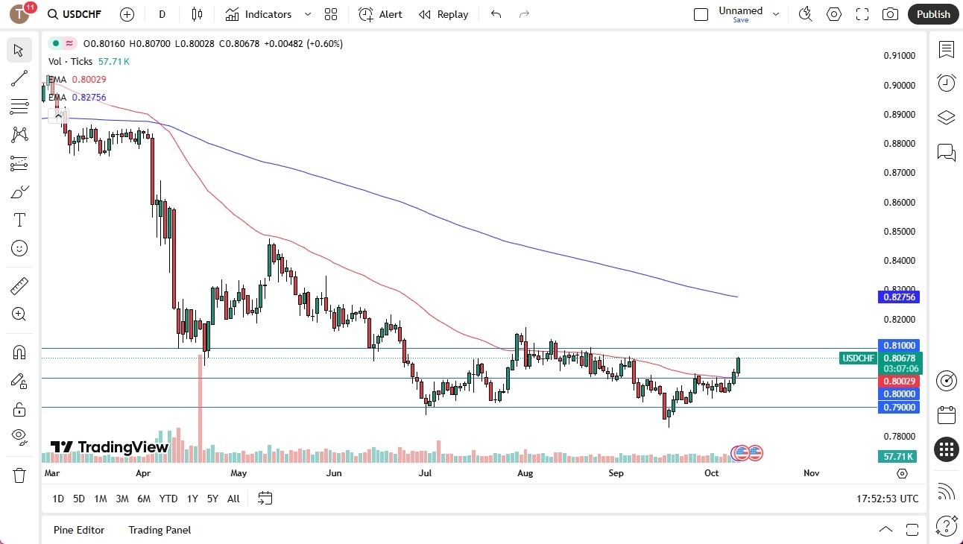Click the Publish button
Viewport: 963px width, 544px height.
pos(932,14)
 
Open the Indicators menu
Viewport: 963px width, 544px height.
pos(268,14)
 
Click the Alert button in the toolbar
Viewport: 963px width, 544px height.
pos(380,14)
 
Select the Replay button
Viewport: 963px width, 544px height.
pos(443,14)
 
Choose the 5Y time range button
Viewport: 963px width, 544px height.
pos(212,499)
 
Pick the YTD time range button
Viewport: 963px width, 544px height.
pos(168,499)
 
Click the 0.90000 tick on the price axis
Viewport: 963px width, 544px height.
pos(899,85)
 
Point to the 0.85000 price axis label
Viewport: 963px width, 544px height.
pos(899,231)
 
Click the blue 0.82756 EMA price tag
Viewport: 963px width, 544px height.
pos(899,297)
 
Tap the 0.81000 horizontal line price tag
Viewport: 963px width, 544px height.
pos(899,346)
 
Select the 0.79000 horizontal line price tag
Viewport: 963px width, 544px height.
pos(899,407)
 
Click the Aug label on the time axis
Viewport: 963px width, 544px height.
pos(525,473)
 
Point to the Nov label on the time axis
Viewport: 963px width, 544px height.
pos(812,473)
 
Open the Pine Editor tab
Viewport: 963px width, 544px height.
pos(79,530)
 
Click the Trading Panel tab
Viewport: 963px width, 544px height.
pos(160,530)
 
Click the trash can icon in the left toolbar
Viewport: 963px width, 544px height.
pos(19,475)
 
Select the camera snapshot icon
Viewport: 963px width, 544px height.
pos(890,14)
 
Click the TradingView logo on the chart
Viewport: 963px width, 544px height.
pos(110,447)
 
